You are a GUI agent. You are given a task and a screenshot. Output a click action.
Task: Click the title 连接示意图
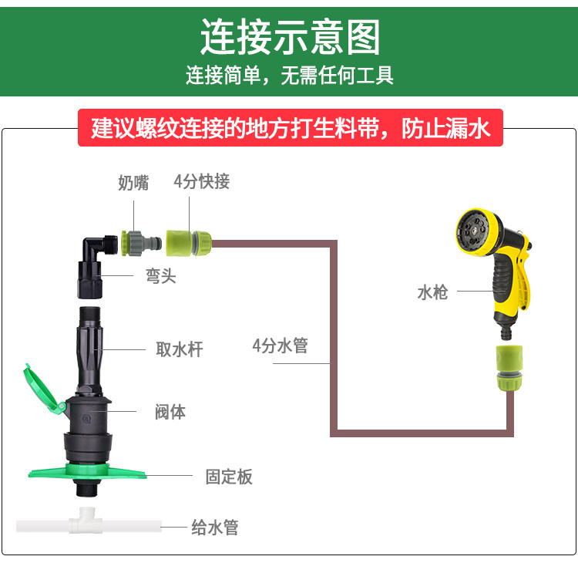pos(290,37)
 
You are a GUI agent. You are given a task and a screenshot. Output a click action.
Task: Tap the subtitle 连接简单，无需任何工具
pos(290,76)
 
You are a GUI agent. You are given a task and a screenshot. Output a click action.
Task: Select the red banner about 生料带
pos(291,128)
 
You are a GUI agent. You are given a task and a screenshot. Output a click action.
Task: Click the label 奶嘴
pos(133,183)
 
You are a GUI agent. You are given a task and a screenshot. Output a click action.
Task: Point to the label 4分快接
pos(201,182)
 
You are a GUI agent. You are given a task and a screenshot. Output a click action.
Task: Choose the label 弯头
pos(161,276)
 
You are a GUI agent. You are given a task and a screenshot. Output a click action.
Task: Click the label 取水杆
pos(180,349)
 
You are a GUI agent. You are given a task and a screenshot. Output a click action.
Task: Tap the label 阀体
pos(170,412)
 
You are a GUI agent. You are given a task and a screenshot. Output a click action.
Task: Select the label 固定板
pos(229,477)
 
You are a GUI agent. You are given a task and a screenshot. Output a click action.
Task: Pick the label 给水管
pos(215,528)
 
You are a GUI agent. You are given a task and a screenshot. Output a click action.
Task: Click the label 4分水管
pos(280,346)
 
